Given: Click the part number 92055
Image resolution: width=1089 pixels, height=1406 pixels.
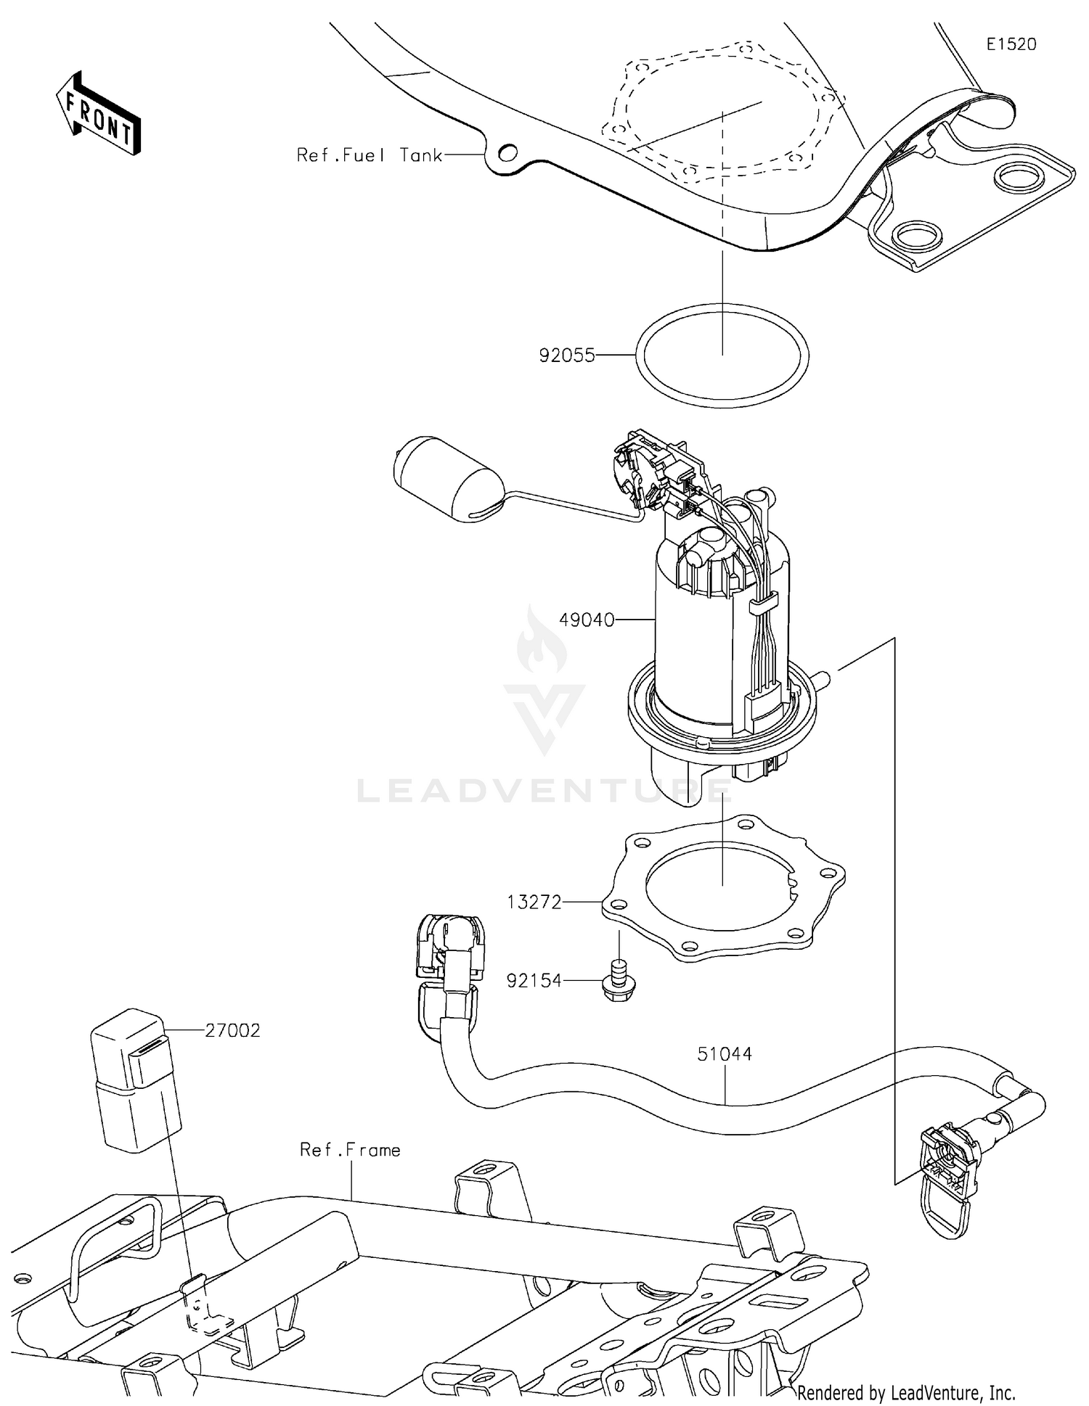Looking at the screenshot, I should click(x=566, y=355).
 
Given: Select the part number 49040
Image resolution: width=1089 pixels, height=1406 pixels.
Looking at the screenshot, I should click(x=587, y=620).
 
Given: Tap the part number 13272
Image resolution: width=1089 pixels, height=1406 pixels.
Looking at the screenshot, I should click(x=534, y=902).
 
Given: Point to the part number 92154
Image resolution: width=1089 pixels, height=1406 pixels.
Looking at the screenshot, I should click(x=534, y=981).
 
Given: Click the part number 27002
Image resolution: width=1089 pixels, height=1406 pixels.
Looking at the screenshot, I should click(x=232, y=1030).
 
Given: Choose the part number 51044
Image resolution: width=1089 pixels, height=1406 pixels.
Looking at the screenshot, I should click(x=725, y=1054).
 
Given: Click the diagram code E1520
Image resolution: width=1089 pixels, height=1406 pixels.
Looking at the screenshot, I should click(x=1011, y=44).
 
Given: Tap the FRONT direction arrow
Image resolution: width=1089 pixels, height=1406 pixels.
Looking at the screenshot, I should click(x=98, y=115).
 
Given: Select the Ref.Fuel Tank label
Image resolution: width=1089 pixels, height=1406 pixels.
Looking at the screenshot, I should click(x=370, y=155).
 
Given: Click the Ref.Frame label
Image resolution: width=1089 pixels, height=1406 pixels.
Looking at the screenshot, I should click(x=350, y=1150).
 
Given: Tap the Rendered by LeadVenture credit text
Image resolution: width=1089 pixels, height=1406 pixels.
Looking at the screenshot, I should click(x=906, y=1392).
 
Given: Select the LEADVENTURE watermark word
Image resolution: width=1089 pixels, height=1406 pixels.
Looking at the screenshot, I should click(x=544, y=792).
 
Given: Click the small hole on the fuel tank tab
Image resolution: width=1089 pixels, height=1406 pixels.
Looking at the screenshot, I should click(x=508, y=153).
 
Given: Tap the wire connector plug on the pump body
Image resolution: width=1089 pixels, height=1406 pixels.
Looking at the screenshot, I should click(x=762, y=707).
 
